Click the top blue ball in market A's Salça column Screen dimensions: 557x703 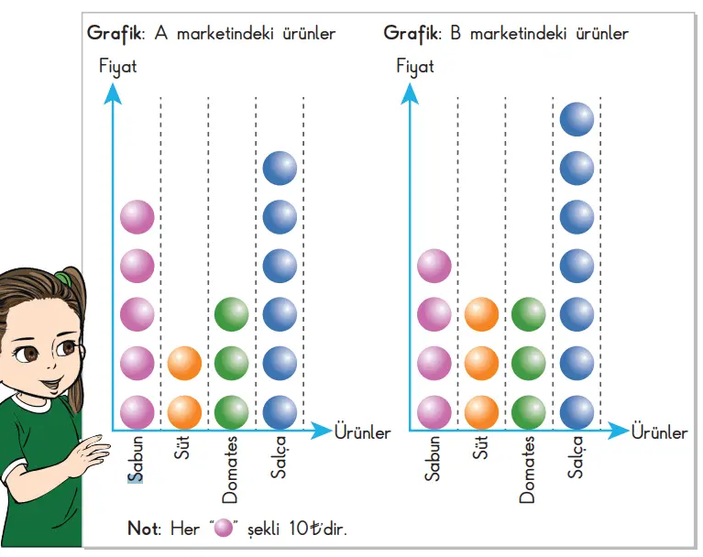click(280, 168)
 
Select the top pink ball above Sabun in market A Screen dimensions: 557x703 click(137, 217)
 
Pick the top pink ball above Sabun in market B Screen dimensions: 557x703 click(434, 266)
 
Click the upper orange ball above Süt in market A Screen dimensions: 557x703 click(184, 363)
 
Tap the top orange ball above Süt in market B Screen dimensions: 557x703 click(481, 314)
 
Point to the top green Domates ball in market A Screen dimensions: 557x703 click(231, 314)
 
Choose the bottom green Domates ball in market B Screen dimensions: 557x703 click(529, 411)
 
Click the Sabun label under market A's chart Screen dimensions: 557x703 click(137, 459)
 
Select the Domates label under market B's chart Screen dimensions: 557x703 click(527, 470)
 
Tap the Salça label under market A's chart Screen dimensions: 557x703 click(278, 457)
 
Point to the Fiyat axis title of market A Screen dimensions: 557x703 click(117, 67)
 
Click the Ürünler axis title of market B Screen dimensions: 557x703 click(659, 432)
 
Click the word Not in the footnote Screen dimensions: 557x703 click(143, 529)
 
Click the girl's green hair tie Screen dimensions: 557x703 click(61, 277)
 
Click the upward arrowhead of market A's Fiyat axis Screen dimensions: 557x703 click(113, 92)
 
